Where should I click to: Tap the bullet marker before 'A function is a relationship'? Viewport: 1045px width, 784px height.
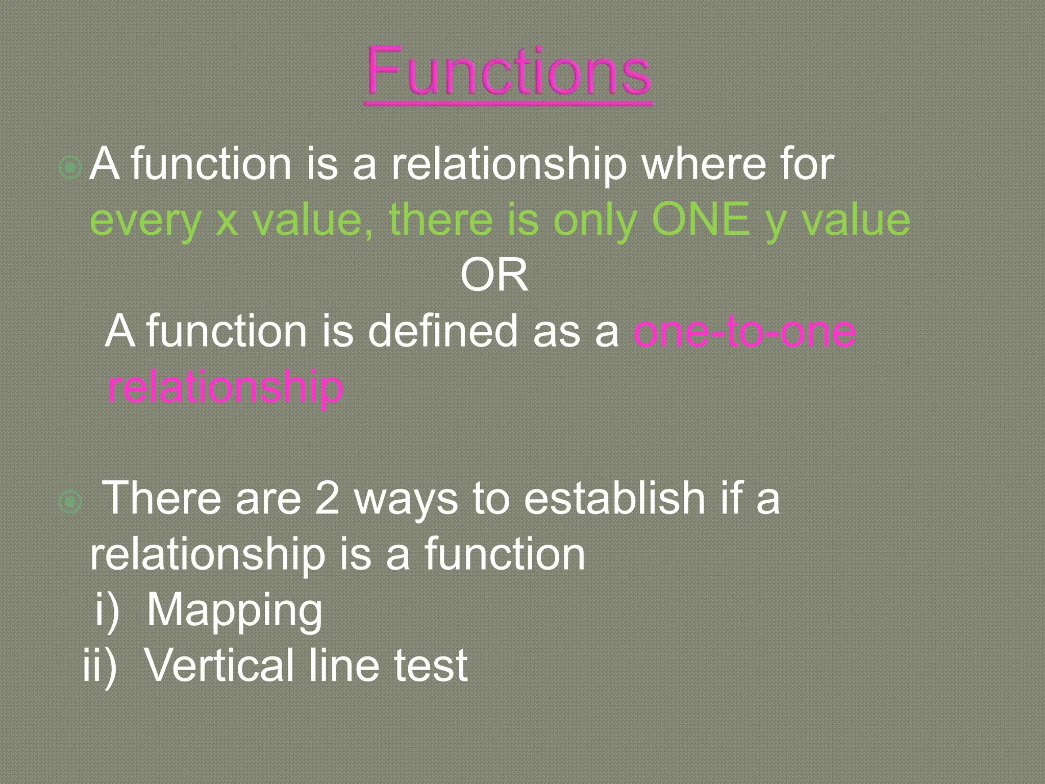tap(70, 167)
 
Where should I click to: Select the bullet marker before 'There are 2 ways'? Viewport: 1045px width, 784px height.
tap(70, 502)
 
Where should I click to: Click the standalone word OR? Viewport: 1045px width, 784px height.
tap(494, 275)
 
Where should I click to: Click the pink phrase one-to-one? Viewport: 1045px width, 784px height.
tap(744, 331)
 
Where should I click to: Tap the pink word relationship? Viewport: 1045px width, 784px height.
tap(226, 387)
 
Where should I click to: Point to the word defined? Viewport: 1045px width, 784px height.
tap(442, 331)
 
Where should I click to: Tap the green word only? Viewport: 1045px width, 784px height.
tap(595, 220)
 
